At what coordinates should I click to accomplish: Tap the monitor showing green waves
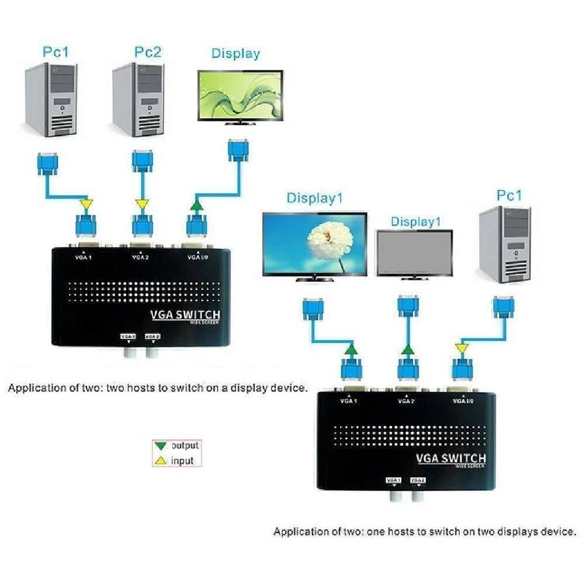pos(240,97)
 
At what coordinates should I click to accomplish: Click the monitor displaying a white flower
pos(314,243)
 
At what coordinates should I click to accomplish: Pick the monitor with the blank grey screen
pos(414,252)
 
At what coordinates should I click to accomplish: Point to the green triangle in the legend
pos(161,445)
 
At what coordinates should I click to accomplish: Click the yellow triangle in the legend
pos(161,461)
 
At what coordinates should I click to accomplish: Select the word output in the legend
pos(185,445)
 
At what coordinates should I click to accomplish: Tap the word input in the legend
pos(182,461)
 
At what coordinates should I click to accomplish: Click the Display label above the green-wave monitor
pos(235,53)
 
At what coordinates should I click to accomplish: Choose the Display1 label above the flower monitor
pos(314,198)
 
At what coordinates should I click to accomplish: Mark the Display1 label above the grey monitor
pos(415,222)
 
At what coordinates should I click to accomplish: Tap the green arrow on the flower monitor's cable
pos(350,350)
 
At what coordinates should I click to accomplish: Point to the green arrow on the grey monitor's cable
pos(407,350)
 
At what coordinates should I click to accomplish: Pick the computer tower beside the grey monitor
pos(505,244)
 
